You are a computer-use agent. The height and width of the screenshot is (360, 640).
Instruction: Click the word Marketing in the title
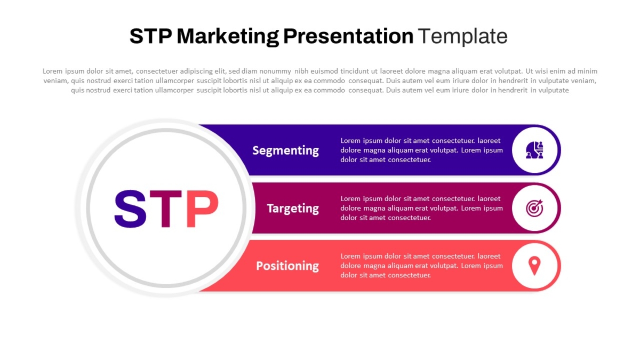pos(228,37)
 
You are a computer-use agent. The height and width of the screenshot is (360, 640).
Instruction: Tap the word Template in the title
pos(462,36)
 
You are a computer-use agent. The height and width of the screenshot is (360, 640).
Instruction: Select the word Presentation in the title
pos(348,36)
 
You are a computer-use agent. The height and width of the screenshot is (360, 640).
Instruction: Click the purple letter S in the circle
pos(130,209)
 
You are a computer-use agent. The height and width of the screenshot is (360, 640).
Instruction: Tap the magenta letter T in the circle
pos(166,209)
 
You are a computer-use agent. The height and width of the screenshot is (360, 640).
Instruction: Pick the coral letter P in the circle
pos(203,209)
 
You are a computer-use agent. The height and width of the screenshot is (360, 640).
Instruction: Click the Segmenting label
pos(285,150)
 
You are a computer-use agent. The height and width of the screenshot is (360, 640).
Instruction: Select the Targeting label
pos(293,209)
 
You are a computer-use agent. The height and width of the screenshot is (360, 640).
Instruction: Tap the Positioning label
pos(287,266)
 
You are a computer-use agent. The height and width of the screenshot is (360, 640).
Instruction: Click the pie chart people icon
pos(534,150)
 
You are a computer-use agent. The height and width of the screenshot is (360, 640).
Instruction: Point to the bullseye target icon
pos(534,208)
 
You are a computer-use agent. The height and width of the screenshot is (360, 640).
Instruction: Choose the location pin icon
pos(534,266)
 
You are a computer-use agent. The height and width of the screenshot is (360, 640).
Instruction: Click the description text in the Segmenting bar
pos(421,150)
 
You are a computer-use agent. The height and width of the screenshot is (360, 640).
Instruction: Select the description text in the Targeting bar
pos(421,209)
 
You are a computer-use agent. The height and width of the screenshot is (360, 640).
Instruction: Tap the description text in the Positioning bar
pos(421,266)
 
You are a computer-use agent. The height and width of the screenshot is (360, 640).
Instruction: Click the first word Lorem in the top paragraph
pos(53,71)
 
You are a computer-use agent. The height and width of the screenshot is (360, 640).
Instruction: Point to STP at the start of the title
pos(151,36)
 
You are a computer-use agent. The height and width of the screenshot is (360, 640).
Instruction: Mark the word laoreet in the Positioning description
pos(489,257)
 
